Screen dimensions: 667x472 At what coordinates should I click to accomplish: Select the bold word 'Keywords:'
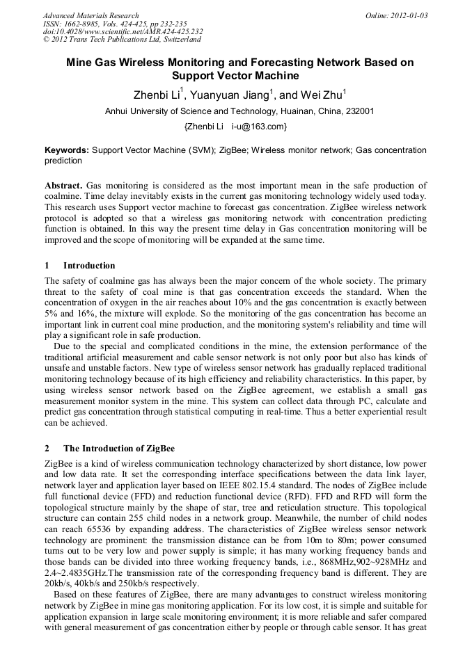(67, 150)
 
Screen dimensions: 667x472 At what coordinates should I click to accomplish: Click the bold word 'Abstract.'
(64, 186)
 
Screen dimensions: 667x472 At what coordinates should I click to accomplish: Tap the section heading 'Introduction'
(89, 266)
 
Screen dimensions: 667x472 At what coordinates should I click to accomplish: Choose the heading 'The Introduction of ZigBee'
(119, 448)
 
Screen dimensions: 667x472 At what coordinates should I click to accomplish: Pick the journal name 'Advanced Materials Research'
(91, 15)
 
